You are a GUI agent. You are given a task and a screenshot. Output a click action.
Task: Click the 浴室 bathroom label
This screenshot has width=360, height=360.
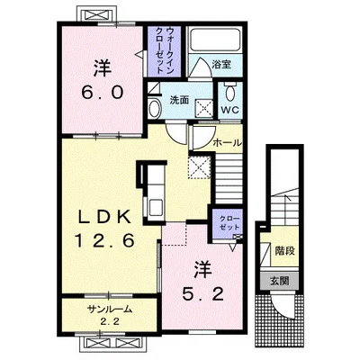(221, 64)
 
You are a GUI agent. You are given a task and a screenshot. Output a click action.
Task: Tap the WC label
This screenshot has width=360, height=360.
(230, 110)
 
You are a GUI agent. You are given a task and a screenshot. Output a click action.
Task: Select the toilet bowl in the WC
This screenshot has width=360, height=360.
(230, 92)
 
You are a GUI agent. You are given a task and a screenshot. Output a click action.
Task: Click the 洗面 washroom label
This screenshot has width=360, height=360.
(179, 100)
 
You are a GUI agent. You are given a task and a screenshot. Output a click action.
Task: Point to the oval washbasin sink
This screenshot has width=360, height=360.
(155, 108)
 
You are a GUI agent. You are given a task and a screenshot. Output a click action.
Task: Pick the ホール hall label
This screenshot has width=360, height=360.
(227, 143)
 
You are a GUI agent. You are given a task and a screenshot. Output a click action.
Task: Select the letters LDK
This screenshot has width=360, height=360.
(103, 217)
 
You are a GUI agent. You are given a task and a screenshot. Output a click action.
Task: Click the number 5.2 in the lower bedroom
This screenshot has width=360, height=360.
(203, 293)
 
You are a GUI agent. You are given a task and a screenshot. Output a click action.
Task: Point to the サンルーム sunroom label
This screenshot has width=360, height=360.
(110, 309)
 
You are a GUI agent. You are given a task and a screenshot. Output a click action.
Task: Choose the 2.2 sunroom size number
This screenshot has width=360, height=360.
(110, 322)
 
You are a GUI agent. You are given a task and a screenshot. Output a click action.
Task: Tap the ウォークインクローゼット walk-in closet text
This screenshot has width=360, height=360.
(165, 50)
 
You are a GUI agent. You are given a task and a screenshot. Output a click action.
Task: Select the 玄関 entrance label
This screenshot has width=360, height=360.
(280, 281)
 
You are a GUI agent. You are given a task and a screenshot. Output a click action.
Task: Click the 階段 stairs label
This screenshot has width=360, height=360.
(285, 250)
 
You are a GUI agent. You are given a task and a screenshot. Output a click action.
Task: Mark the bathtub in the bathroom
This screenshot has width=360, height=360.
(215, 40)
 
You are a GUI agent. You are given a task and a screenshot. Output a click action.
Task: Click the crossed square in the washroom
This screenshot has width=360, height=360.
(204, 107)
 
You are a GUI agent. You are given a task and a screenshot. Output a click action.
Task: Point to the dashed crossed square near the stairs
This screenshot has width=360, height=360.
(199, 167)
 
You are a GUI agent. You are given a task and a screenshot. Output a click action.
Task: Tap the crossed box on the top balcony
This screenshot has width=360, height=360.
(97, 15)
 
